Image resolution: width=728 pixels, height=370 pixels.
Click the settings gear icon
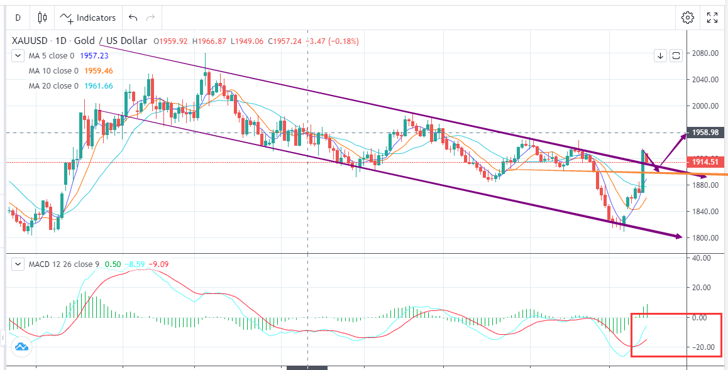687,18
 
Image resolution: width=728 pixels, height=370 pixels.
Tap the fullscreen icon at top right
712,18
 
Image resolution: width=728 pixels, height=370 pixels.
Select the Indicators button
88,18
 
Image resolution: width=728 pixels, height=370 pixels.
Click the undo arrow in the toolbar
132,18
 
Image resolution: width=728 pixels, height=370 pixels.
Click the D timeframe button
18,18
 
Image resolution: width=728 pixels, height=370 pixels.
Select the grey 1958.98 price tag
705,133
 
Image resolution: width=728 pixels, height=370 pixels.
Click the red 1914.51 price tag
705,162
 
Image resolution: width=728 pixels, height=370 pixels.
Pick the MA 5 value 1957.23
95,55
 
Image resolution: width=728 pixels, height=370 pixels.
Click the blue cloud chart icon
21,346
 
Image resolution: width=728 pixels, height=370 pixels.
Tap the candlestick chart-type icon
42,18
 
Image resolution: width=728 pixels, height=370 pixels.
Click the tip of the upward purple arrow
687,134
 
